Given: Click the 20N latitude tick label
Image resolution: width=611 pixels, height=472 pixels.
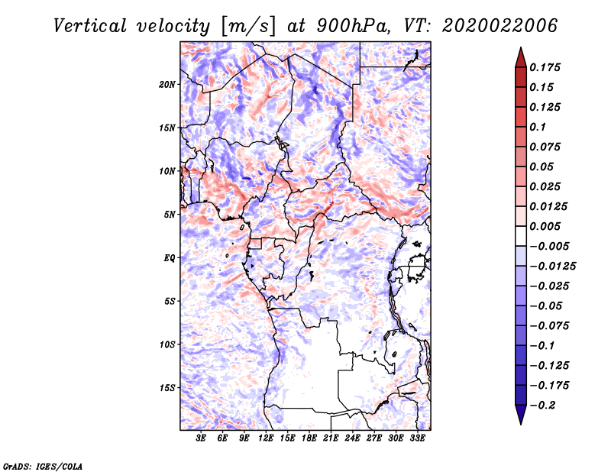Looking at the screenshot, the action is pos(167,85).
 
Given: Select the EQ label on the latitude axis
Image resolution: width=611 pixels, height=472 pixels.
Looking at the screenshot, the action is pos(170,258).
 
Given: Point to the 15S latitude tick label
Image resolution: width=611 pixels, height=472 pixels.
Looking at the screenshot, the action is pos(167,388).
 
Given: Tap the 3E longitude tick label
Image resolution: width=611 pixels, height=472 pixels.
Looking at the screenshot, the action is pos(201,438).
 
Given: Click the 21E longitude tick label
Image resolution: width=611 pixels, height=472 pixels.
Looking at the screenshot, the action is pos(331,438).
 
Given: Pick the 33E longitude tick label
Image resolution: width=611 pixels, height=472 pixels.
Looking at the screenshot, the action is pos(417,438).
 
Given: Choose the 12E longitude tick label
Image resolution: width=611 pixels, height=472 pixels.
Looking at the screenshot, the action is pos(266,438).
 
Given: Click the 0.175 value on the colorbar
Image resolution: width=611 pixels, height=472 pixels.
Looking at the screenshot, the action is pos(545,67).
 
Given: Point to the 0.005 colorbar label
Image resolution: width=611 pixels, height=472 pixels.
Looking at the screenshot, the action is pos(545,226).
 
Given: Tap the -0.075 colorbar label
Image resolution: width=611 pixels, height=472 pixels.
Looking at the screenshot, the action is pos(549,326).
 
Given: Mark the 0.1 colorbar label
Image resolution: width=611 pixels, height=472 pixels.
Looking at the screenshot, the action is pos(538,127).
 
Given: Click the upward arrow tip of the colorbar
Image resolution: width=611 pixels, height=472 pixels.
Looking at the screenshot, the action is pos(521,47).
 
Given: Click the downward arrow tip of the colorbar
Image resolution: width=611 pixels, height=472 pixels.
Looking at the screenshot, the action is pos(521,424).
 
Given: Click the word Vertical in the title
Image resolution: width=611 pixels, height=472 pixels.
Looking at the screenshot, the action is pos(90,26).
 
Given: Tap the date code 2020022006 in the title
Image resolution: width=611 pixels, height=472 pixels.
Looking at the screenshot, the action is pos(500,26).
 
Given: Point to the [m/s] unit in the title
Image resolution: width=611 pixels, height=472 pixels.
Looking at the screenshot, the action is pos(248,26).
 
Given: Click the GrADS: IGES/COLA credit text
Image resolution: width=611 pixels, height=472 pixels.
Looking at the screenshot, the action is pos(43,466).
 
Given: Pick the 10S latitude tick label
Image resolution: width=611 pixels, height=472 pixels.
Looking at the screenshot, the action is pos(167,344).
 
